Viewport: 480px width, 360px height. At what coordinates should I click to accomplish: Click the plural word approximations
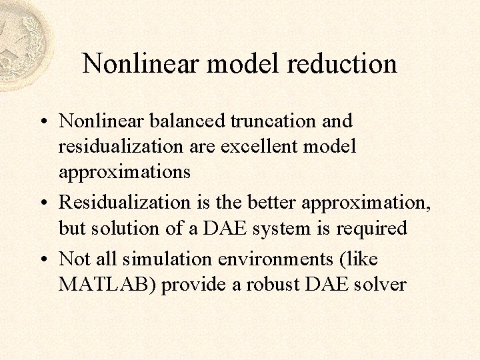tap(125, 172)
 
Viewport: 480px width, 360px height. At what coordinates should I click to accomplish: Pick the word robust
tap(269, 285)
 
